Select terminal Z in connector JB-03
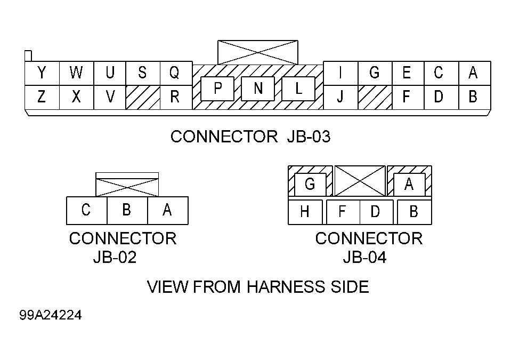pos(42,98)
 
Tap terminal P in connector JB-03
pos(217,89)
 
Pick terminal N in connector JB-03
pos(258,89)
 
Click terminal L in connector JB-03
pos(298,89)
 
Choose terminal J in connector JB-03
pos(340,98)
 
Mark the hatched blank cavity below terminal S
pos(143,98)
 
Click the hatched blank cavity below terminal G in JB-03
pos(375,98)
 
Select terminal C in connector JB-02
pos(87,211)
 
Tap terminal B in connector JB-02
pos(127,211)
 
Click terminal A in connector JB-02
pos(168,211)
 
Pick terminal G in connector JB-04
pos(310,185)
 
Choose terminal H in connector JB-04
pos(305,212)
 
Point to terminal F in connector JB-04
pos(343,212)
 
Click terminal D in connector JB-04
pos(376,212)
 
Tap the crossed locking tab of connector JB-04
pos(360,181)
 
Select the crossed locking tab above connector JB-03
pos(258,52)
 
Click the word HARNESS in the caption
pos(286,286)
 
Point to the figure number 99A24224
pos(51,315)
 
